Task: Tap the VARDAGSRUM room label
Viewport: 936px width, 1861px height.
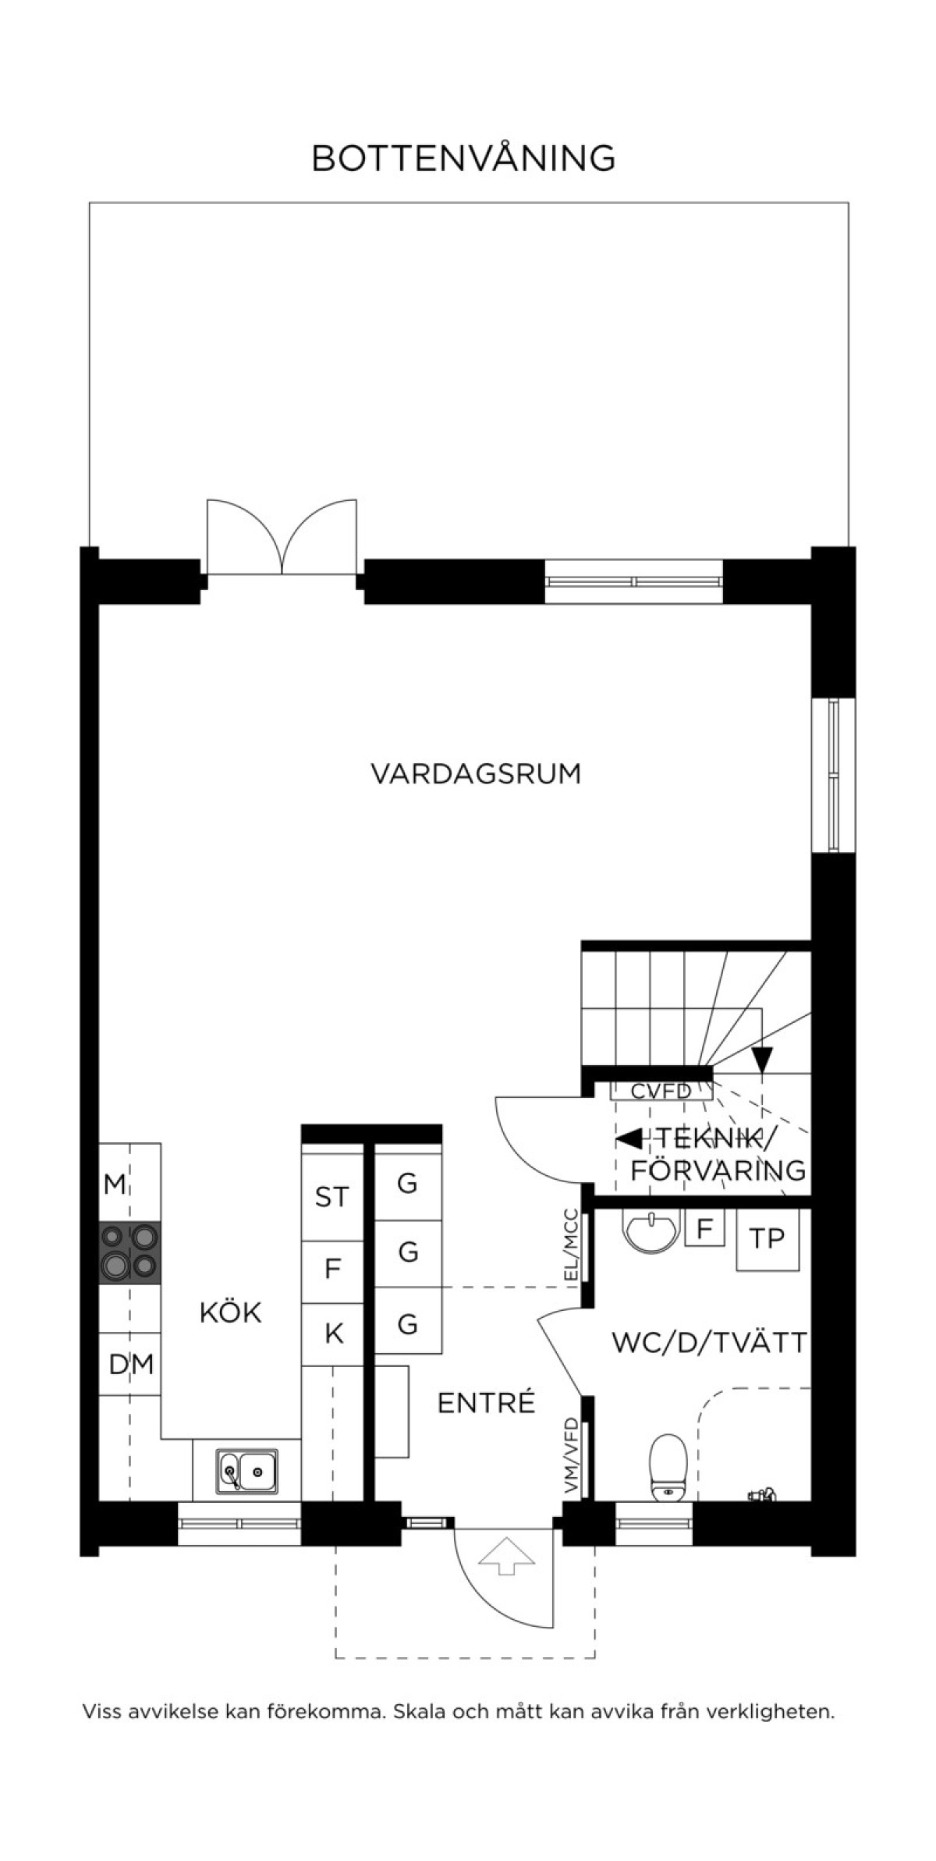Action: point(476,774)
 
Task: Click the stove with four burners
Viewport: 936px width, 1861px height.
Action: point(129,1252)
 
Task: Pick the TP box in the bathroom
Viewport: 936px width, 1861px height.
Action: point(768,1238)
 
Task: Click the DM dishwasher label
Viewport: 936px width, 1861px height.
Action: point(131,1364)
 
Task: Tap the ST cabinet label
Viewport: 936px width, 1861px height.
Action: point(332,1196)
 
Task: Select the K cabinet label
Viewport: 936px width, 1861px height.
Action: point(334,1334)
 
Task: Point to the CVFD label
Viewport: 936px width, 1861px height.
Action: point(661,1091)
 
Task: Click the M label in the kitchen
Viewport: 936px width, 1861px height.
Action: point(115,1184)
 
